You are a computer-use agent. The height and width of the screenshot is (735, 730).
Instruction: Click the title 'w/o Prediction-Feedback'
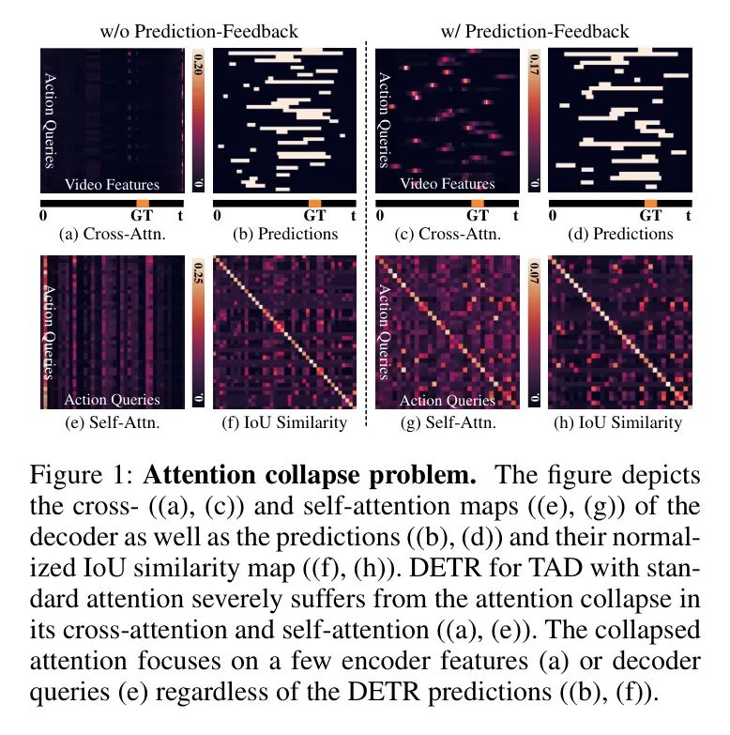199,31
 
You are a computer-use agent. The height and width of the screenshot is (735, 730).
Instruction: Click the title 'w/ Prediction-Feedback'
534,31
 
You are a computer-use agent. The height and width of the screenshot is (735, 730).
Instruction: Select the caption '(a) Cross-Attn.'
112,234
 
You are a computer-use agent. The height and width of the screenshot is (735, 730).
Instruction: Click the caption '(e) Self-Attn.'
112,421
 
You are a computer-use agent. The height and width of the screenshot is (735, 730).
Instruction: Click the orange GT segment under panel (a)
143,203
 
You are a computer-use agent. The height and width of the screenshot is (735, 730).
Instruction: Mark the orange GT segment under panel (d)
649,203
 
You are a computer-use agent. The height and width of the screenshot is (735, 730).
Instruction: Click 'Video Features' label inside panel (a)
112,184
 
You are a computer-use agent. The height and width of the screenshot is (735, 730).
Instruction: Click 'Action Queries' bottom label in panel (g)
447,400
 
